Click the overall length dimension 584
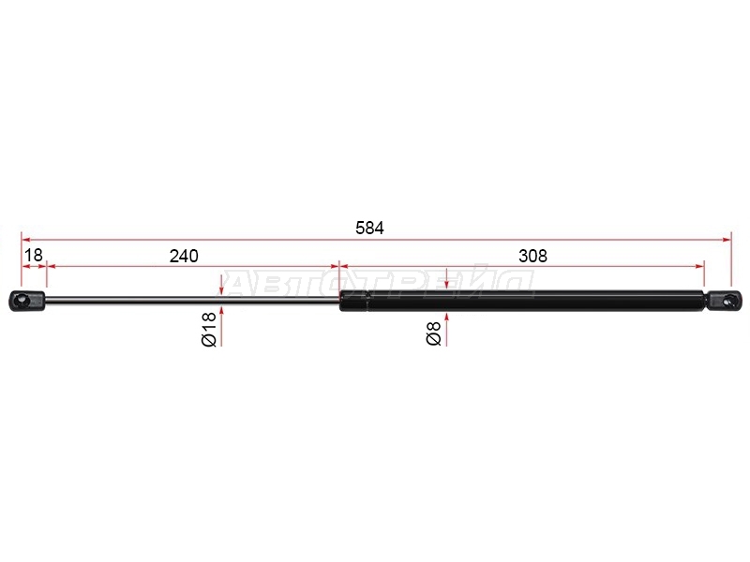(x=369, y=228)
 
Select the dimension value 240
(x=184, y=256)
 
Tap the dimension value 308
(x=532, y=256)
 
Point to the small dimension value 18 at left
(x=34, y=255)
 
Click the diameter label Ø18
(x=209, y=330)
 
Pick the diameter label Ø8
(x=433, y=333)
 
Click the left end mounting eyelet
(x=27, y=301)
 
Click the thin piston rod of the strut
(x=192, y=300)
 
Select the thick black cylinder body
(x=521, y=301)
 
